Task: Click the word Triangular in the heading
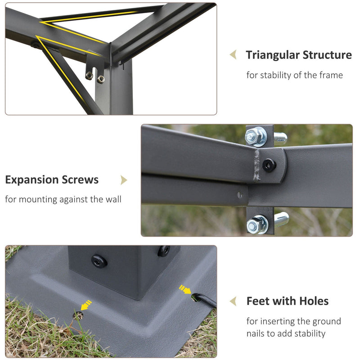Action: (273, 55)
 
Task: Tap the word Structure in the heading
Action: (327, 55)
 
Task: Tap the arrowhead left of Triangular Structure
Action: (233, 54)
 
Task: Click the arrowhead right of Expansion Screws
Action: (124, 180)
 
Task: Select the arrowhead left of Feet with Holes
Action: (233, 301)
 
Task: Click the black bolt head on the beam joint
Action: (269, 165)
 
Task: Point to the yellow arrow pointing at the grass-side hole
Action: (86, 306)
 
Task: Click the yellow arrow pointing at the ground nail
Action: (185, 289)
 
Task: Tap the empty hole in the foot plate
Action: (78, 316)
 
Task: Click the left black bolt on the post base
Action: (99, 261)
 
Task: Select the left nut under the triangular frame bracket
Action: (89, 75)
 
